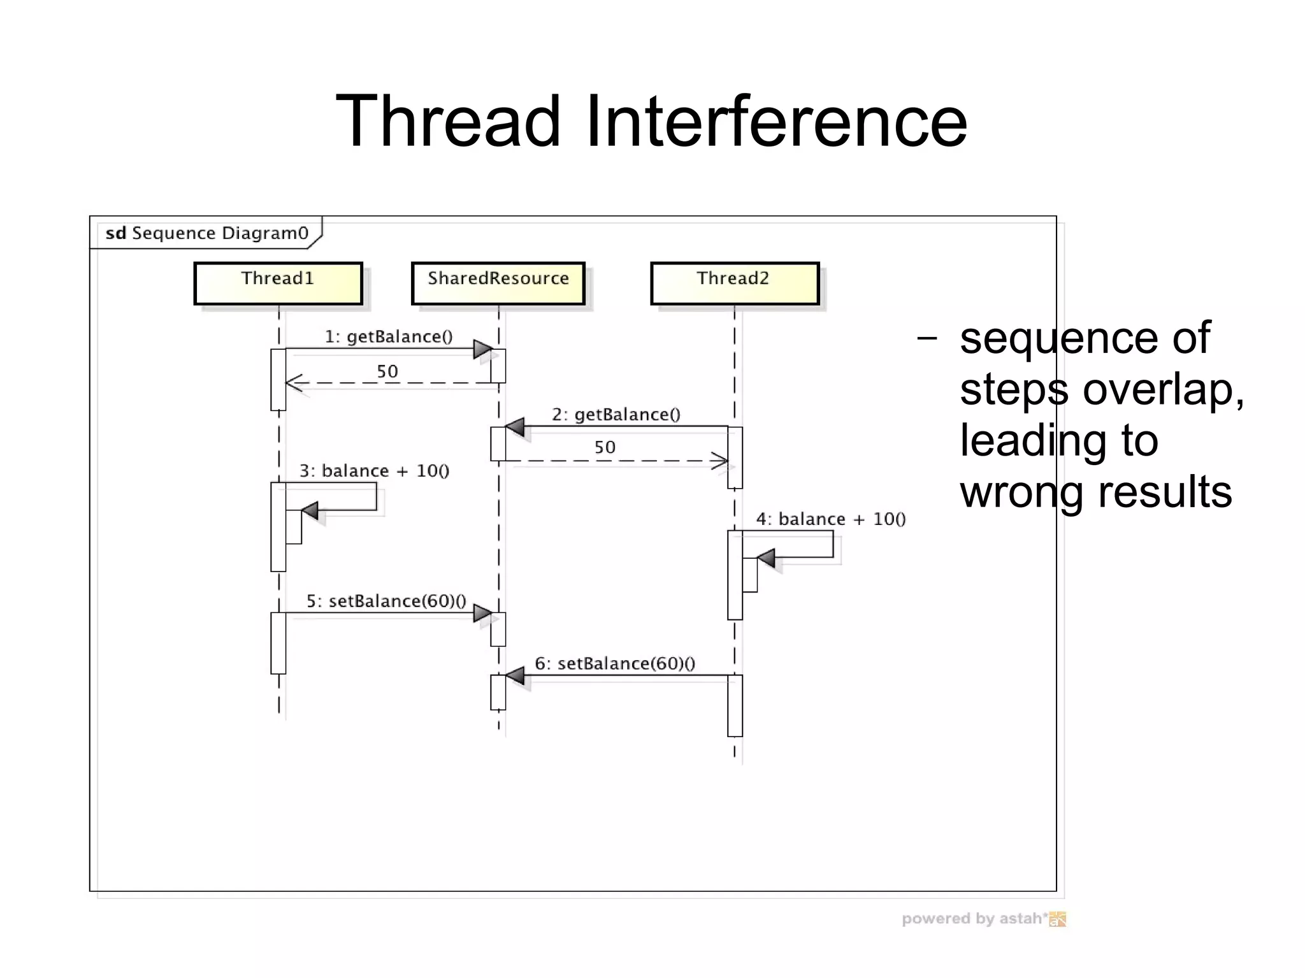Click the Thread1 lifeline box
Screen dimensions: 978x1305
coord(278,284)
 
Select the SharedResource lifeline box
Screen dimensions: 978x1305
coord(498,284)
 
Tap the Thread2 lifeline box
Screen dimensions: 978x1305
coord(735,284)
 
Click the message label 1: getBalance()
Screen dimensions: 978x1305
coord(389,336)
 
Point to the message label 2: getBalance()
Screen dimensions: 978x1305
coord(616,415)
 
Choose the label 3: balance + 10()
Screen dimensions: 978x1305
coord(375,471)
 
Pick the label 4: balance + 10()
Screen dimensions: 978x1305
coord(831,519)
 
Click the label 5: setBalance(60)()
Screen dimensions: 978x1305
coord(386,601)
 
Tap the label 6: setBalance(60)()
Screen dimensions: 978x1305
coord(615,664)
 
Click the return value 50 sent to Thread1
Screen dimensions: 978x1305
coord(387,371)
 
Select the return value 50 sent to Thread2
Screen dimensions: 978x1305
coord(605,447)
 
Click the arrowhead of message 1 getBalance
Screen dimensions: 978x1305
coord(483,349)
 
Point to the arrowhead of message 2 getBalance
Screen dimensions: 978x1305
coord(515,427)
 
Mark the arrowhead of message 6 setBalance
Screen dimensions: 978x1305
coord(515,675)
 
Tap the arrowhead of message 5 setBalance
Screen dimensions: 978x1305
coord(483,614)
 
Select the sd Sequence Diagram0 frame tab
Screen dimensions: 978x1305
coord(206,233)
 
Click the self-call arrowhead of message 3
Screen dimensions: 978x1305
coord(310,510)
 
